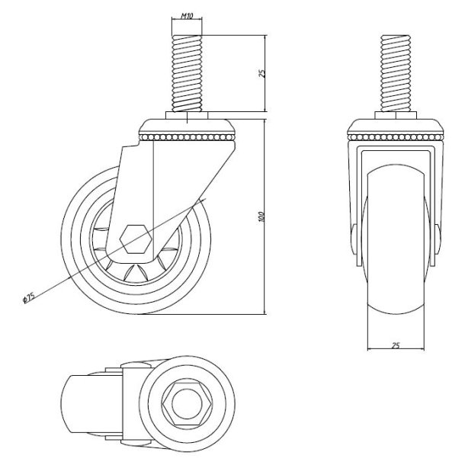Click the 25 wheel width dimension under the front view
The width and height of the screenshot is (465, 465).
tap(396, 345)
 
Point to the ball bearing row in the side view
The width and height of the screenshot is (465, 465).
tap(186, 137)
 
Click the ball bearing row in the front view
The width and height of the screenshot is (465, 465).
tap(395, 137)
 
